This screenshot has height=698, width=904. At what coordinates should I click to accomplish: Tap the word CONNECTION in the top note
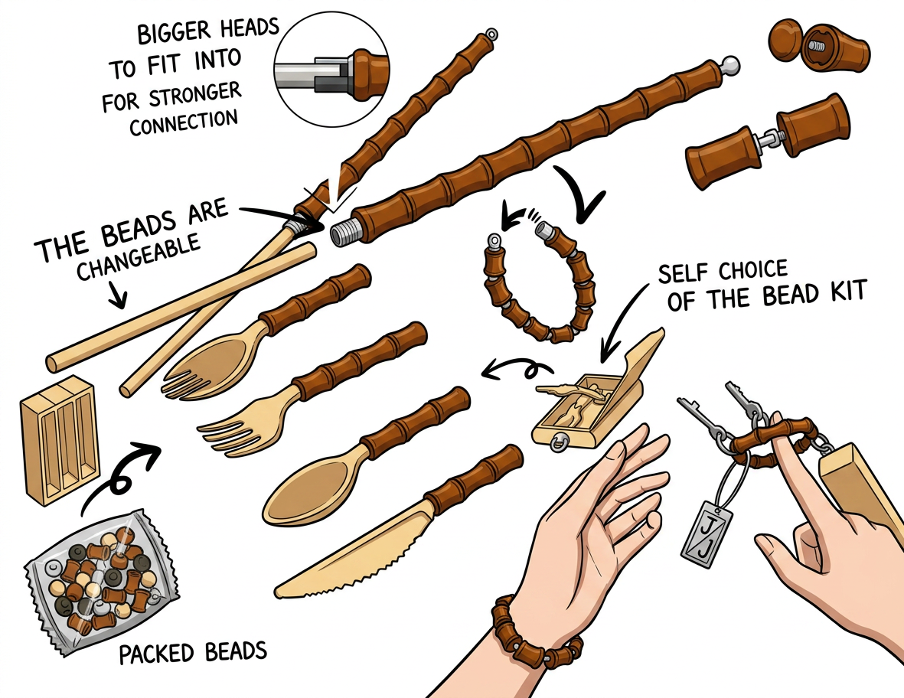(184, 122)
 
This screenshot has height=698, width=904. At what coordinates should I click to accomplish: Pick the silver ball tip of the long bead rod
(730, 64)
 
